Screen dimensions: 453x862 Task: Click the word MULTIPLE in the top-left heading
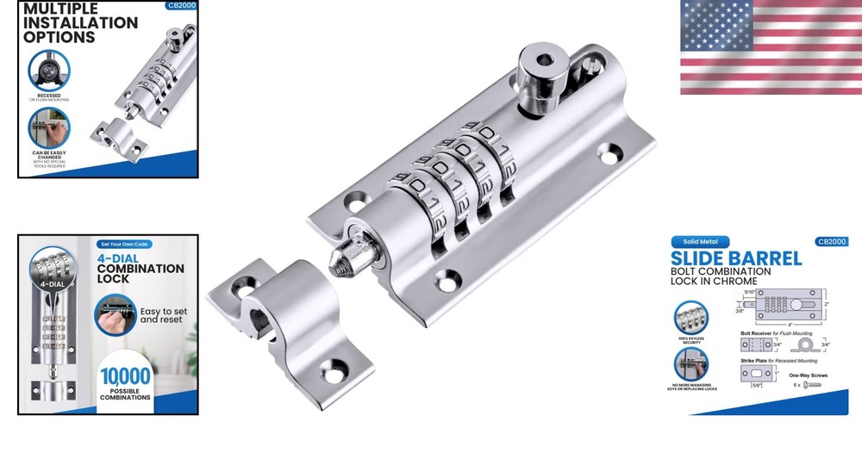(x=60, y=9)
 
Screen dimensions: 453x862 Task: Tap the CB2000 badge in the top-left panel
(x=179, y=6)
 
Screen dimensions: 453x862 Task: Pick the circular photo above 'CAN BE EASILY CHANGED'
(x=49, y=127)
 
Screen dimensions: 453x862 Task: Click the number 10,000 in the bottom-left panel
(x=126, y=375)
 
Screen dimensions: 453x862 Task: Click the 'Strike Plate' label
(x=759, y=361)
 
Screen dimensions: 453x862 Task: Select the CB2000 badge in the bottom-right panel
(x=830, y=242)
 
